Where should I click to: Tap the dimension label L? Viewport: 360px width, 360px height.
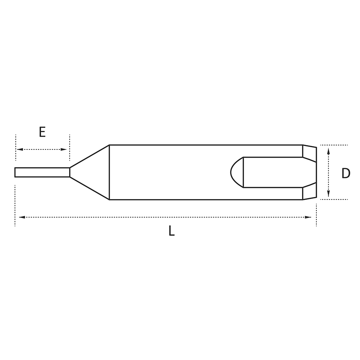(171, 231)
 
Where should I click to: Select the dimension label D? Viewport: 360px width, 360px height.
(346, 174)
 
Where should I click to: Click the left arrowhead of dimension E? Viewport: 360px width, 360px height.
(20, 149)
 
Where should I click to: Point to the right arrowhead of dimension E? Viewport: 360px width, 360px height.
(64, 149)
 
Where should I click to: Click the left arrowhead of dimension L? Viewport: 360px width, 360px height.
(22, 217)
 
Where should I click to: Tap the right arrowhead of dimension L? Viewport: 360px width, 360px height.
(308, 217)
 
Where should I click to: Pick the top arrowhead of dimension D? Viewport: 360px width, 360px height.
(329, 151)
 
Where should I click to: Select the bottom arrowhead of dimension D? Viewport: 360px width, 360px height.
(329, 193)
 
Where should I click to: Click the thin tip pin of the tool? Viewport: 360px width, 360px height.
(42, 172)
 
